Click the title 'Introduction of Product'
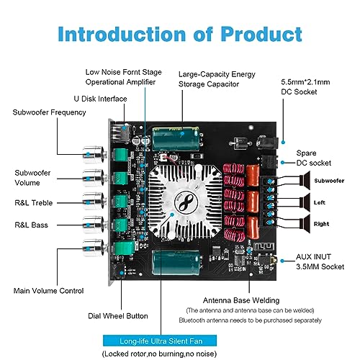coord(179,33)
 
